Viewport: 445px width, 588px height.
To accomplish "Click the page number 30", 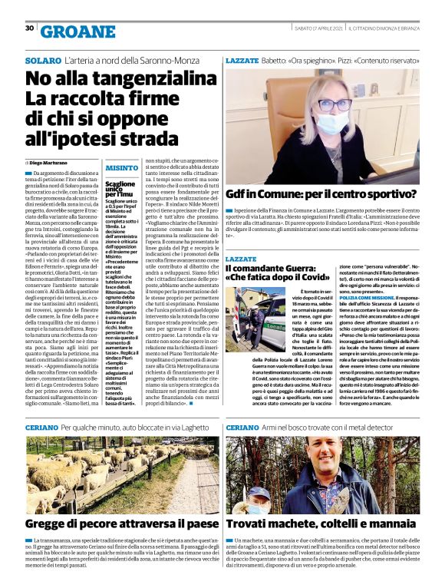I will tap(29, 28).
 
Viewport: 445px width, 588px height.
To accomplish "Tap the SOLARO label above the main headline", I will tap(41, 59).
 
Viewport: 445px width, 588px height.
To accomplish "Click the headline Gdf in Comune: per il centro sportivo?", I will tap(321, 194).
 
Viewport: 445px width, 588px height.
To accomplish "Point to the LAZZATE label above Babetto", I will tap(242, 59).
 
